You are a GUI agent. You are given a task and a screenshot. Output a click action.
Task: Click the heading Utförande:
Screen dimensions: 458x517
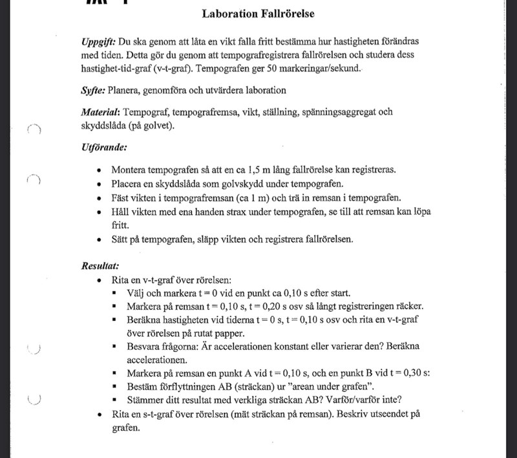pos(103,147)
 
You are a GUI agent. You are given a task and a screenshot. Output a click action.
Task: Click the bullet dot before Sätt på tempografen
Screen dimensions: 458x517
pos(98,239)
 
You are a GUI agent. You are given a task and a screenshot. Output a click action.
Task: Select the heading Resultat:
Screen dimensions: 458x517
pos(100,267)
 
